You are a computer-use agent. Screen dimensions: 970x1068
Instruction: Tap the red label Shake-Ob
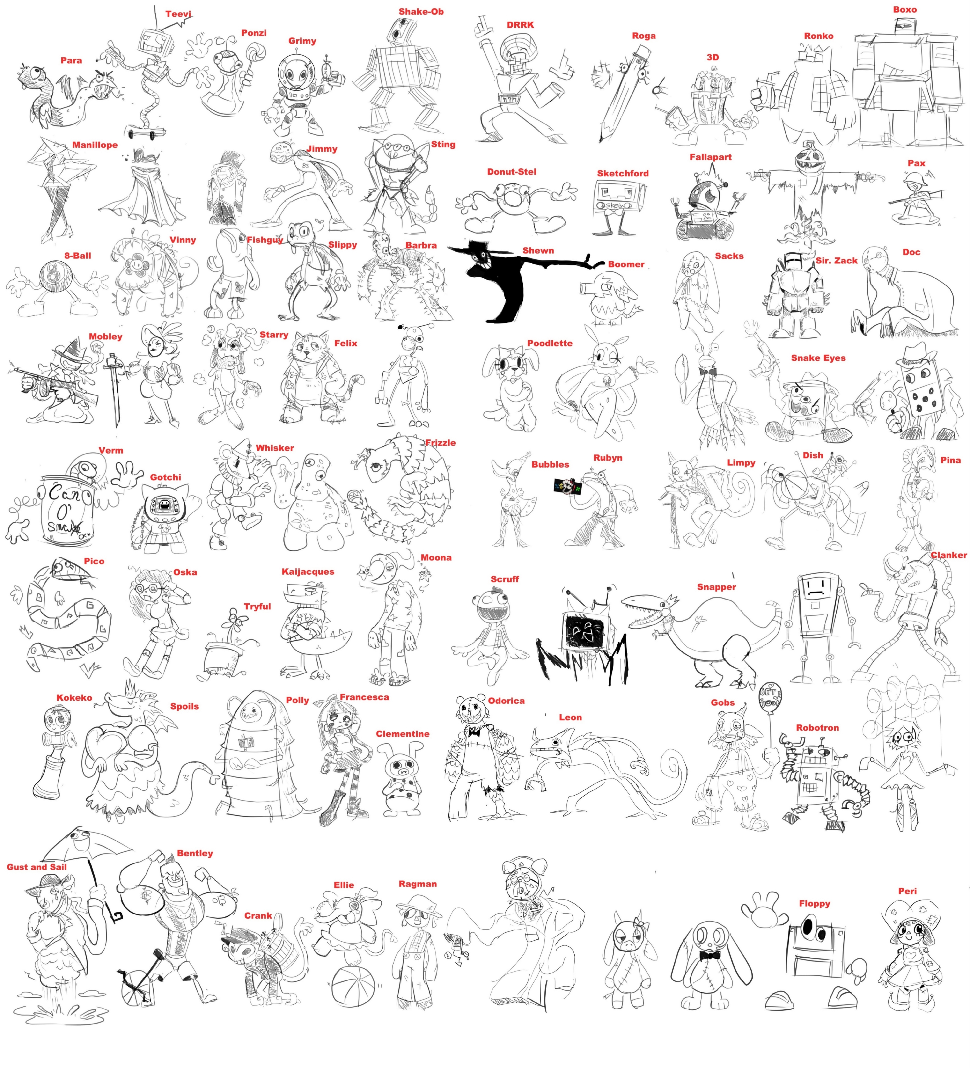click(x=421, y=12)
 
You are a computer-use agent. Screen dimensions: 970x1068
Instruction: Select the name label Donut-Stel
click(x=512, y=172)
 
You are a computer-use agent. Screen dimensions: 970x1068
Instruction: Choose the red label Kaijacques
click(x=308, y=572)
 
